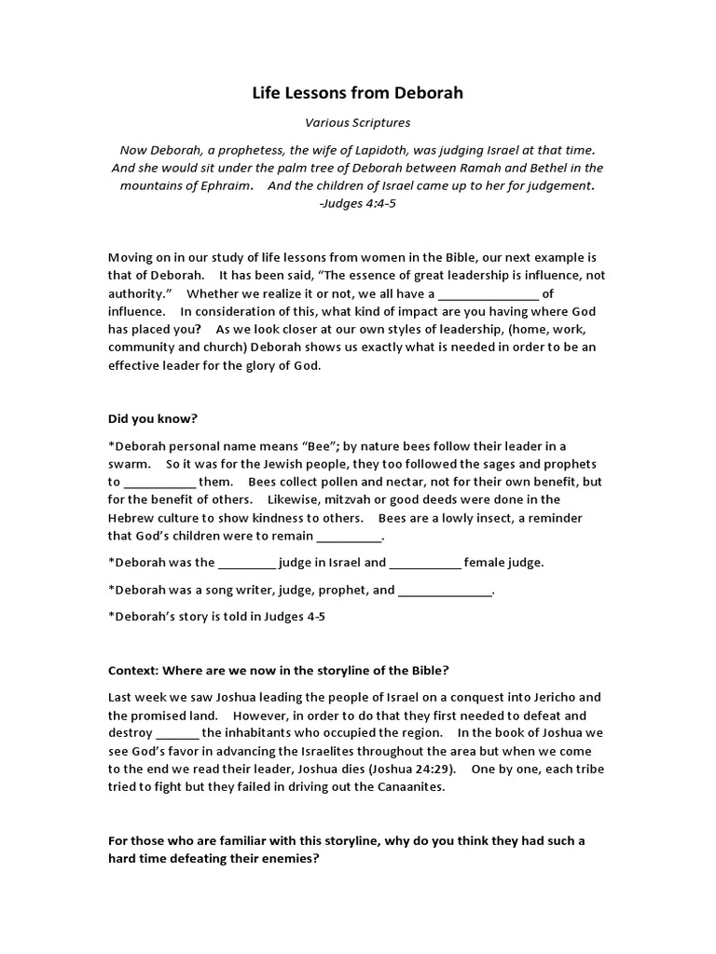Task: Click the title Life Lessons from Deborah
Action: click(358, 93)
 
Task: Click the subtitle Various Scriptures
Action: click(358, 122)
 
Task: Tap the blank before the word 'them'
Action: click(159, 483)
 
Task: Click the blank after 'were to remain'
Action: click(350, 537)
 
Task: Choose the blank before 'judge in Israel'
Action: click(247, 563)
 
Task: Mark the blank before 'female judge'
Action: click(424, 563)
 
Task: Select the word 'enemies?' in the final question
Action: click(289, 858)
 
